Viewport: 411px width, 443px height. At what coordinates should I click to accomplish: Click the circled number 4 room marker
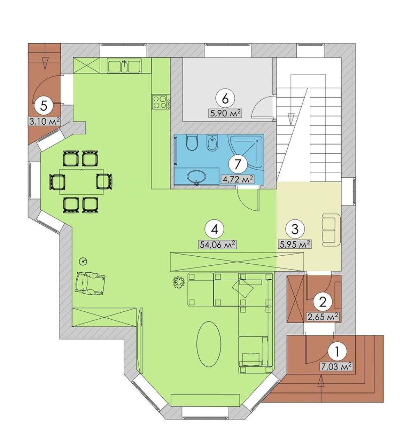215,229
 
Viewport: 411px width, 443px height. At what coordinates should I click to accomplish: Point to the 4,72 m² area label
237,179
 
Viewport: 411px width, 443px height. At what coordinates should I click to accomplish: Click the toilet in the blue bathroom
192,143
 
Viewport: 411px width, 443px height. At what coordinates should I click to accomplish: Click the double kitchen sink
124,66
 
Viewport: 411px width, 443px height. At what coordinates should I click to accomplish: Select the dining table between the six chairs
81,181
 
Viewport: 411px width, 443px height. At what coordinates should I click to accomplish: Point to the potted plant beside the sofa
179,282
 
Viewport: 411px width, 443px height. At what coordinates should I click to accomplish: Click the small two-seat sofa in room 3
331,230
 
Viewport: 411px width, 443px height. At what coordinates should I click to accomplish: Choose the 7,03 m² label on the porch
336,366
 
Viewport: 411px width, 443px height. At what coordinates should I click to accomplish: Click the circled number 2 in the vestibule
323,302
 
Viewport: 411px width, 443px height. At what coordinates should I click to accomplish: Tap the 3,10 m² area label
44,121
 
